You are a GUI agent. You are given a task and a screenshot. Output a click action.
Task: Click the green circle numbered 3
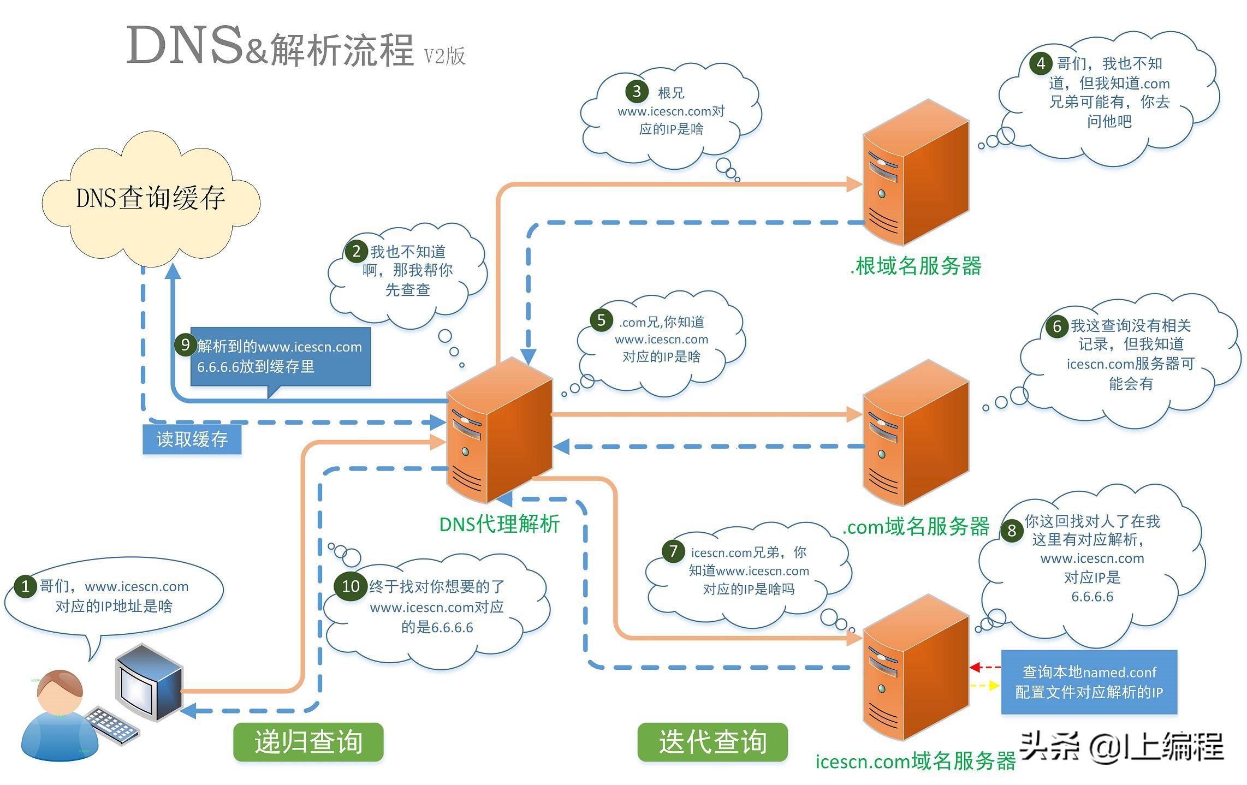(x=637, y=91)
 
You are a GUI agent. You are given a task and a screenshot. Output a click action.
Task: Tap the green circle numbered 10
(x=350, y=586)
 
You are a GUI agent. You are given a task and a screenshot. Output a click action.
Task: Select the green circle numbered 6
(x=1056, y=326)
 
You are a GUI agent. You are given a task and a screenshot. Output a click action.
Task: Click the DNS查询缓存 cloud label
(x=151, y=198)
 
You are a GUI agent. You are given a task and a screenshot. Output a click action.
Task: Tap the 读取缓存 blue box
(x=192, y=439)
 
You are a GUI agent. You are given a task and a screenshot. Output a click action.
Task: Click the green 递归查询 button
(x=308, y=742)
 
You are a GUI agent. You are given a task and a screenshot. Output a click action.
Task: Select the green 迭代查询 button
(x=712, y=742)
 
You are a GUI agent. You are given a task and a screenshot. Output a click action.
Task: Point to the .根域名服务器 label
(x=916, y=266)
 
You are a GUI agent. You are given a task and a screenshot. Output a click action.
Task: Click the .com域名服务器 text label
(x=916, y=526)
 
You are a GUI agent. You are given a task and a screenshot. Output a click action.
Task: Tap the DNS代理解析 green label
(x=499, y=524)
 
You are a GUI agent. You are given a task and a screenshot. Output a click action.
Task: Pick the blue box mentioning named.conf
(x=1089, y=682)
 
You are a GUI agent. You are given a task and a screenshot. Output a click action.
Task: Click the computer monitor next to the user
(x=149, y=682)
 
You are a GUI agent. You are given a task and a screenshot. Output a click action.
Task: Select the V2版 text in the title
(x=444, y=56)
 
